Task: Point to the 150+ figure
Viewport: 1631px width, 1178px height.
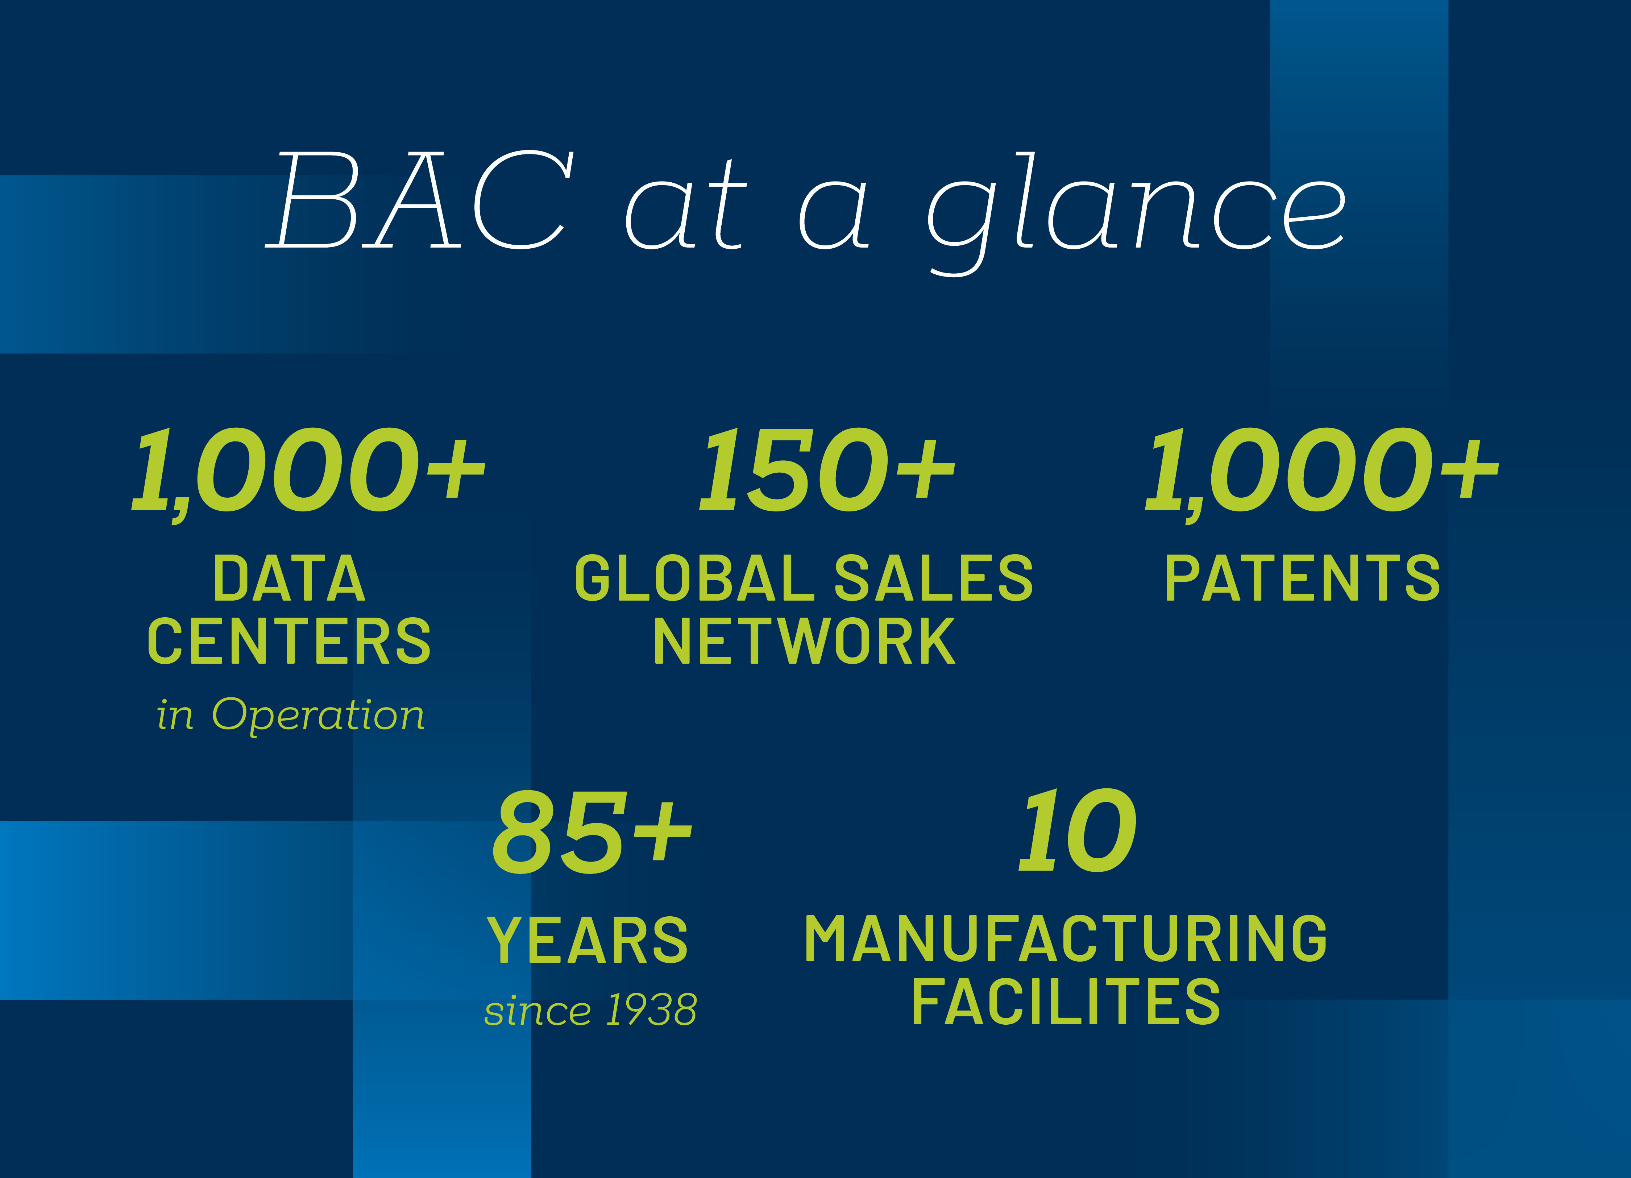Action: point(827,470)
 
